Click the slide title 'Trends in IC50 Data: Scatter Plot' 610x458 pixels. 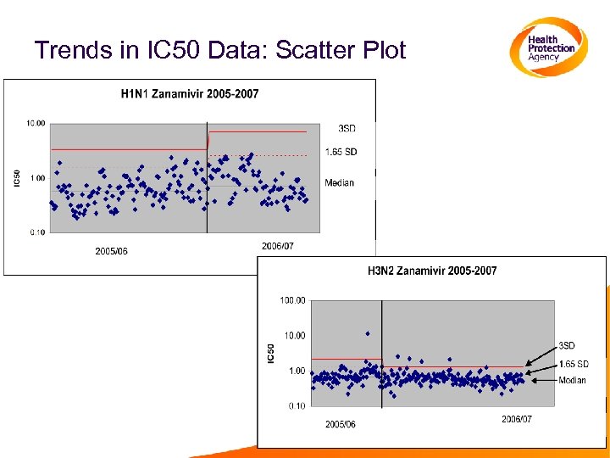click(x=220, y=50)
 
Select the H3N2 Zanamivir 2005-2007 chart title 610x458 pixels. click(x=432, y=271)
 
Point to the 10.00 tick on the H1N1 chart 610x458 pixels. click(x=36, y=123)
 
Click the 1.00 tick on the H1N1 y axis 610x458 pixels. click(x=37, y=178)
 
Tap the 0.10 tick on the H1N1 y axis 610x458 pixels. click(x=37, y=232)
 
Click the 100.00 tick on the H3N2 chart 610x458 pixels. click(x=292, y=300)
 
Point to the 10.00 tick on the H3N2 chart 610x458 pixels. click(x=294, y=336)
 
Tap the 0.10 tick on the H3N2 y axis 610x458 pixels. click(x=296, y=406)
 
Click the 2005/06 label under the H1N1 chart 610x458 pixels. click(x=112, y=251)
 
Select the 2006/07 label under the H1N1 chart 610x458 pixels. click(x=278, y=246)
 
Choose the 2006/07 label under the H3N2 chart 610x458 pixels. click(x=517, y=419)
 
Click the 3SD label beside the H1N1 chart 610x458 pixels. click(x=347, y=128)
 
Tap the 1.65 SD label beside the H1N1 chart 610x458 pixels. click(x=341, y=152)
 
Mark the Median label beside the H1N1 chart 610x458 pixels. click(x=339, y=182)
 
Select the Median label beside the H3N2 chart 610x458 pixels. click(x=572, y=380)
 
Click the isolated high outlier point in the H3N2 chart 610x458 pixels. click(x=367, y=333)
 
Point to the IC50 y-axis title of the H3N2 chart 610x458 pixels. click(x=271, y=354)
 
